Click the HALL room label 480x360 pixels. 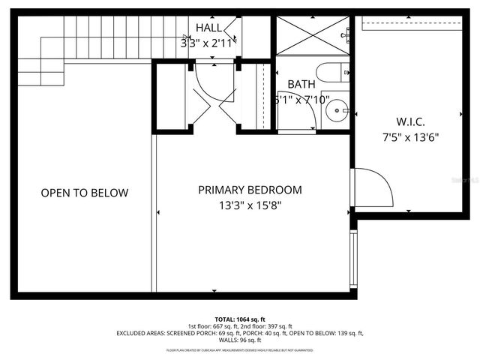(x=208, y=28)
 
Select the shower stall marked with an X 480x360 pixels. (x=313, y=34)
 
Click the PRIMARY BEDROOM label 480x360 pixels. (x=250, y=190)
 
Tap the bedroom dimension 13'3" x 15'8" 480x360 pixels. (x=250, y=205)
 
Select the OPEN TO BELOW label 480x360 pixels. (x=84, y=193)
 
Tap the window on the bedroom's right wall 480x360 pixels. (x=352, y=255)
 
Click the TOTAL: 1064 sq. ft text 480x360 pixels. (x=239, y=319)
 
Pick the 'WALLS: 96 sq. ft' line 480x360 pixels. (x=239, y=340)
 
